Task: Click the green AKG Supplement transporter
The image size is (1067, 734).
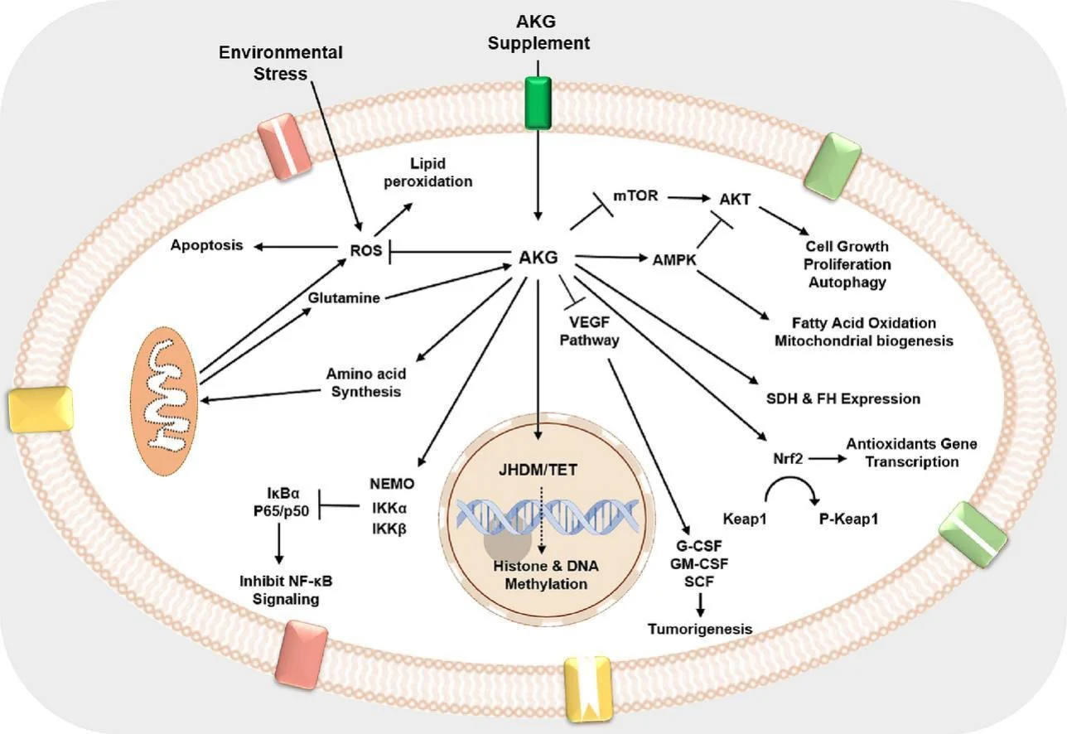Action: click(x=538, y=104)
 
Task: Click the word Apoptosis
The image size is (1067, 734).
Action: click(x=207, y=246)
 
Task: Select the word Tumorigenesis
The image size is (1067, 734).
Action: click(x=701, y=629)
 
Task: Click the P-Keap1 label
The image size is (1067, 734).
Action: click(x=848, y=519)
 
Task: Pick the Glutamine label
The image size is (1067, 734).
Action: click(x=344, y=297)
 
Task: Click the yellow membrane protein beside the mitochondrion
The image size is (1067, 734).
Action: click(x=40, y=409)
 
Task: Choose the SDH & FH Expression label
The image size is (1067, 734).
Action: click(x=843, y=398)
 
